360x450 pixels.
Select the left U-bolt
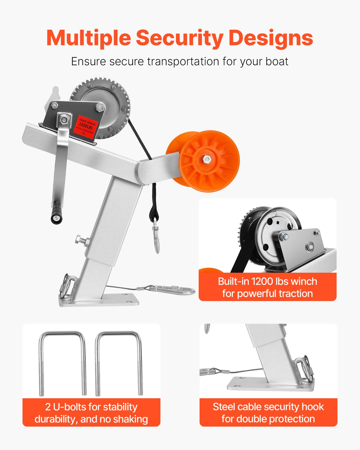pos(62,363)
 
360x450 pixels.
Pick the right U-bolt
pos(119,363)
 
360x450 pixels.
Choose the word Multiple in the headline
pos(89,38)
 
